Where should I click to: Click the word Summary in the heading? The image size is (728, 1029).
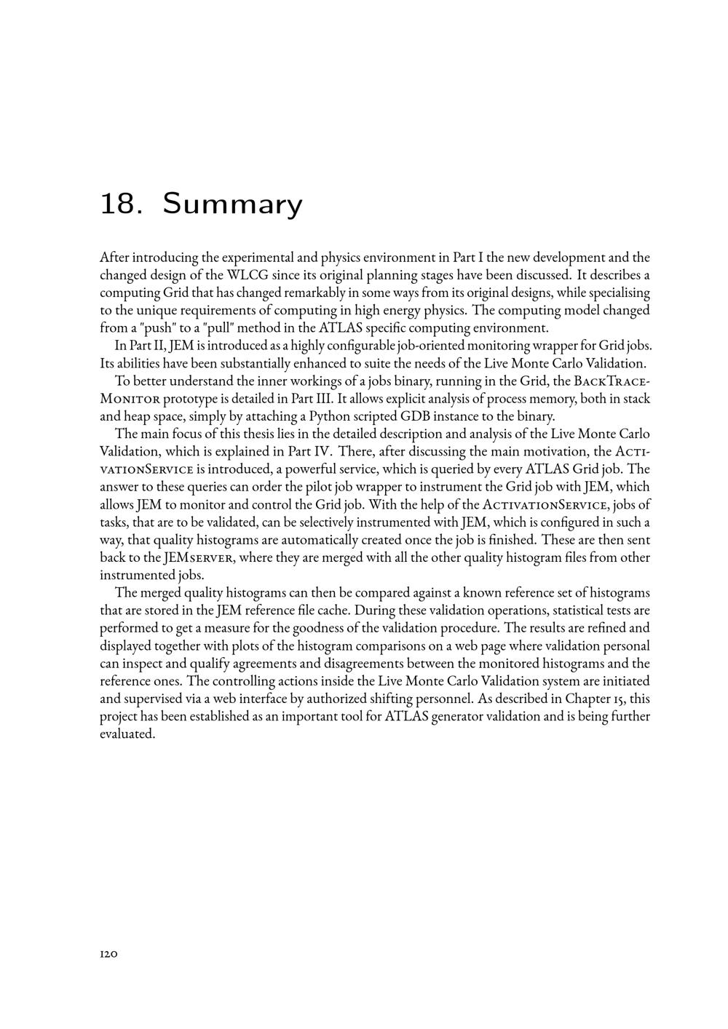tap(232, 204)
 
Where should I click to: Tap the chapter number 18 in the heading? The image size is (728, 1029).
tap(118, 204)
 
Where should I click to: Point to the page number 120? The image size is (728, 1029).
tap(108, 953)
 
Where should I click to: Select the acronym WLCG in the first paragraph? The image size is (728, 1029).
tap(245, 275)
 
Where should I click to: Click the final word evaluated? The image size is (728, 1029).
tap(127, 734)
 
